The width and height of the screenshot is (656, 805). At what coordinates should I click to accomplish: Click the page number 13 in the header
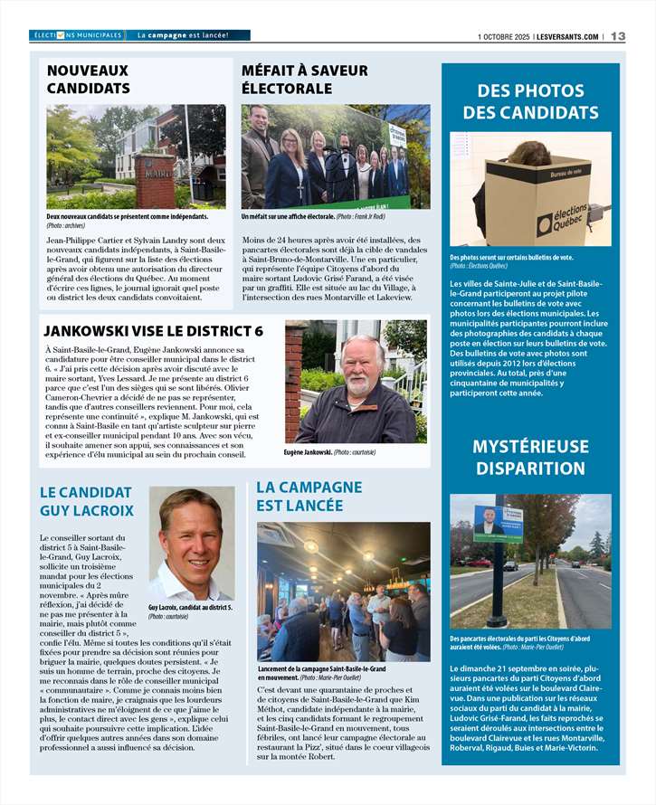pyautogui.click(x=618, y=36)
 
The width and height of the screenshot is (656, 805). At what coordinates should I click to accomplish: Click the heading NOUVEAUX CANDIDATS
pyautogui.click(x=88, y=80)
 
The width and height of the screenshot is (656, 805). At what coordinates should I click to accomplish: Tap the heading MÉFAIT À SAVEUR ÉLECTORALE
pyautogui.click(x=304, y=80)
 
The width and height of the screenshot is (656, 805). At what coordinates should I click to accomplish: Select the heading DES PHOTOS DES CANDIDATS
pyautogui.click(x=530, y=101)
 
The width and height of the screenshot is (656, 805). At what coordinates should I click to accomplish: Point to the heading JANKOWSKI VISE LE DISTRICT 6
pyautogui.click(x=154, y=331)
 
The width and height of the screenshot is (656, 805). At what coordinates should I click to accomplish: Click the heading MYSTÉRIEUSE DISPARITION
pyautogui.click(x=530, y=458)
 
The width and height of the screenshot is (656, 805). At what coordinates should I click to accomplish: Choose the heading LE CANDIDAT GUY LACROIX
pyautogui.click(x=87, y=501)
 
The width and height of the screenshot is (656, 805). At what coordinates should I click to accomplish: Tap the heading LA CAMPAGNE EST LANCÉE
pyautogui.click(x=309, y=496)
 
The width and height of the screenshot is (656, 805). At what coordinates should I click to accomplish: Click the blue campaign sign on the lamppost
pyautogui.click(x=498, y=524)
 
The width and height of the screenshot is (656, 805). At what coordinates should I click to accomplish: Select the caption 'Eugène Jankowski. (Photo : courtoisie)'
pyautogui.click(x=329, y=451)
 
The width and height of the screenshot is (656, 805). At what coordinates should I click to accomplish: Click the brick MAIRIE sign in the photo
pyautogui.click(x=157, y=178)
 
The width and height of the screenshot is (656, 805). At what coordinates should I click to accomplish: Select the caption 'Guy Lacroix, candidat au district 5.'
pyautogui.click(x=190, y=608)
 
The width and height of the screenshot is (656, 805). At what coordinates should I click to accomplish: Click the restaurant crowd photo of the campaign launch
pyautogui.click(x=343, y=592)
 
